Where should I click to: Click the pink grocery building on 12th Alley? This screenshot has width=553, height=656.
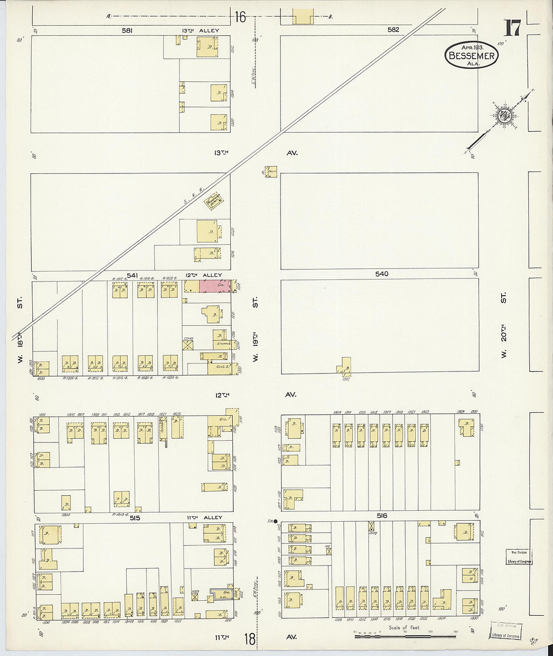[x=216, y=286]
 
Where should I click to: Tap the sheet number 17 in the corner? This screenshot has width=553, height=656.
[x=512, y=29]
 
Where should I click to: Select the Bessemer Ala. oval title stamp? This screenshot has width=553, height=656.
[x=471, y=56]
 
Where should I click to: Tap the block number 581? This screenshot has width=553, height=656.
[x=127, y=30]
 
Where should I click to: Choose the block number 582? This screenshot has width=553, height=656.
[x=393, y=30]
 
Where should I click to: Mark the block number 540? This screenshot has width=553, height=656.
[x=382, y=274]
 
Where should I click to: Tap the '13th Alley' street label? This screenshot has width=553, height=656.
[x=201, y=31]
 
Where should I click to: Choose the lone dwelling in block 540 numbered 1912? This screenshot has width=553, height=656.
[x=345, y=366]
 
